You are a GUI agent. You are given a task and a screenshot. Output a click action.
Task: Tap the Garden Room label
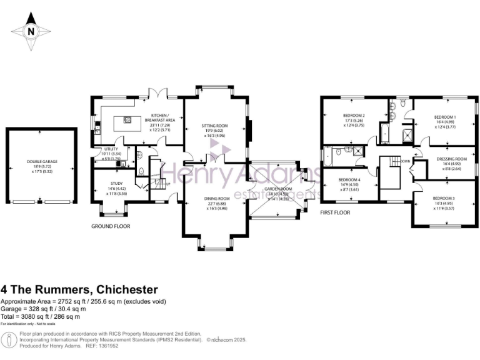(277, 192)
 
